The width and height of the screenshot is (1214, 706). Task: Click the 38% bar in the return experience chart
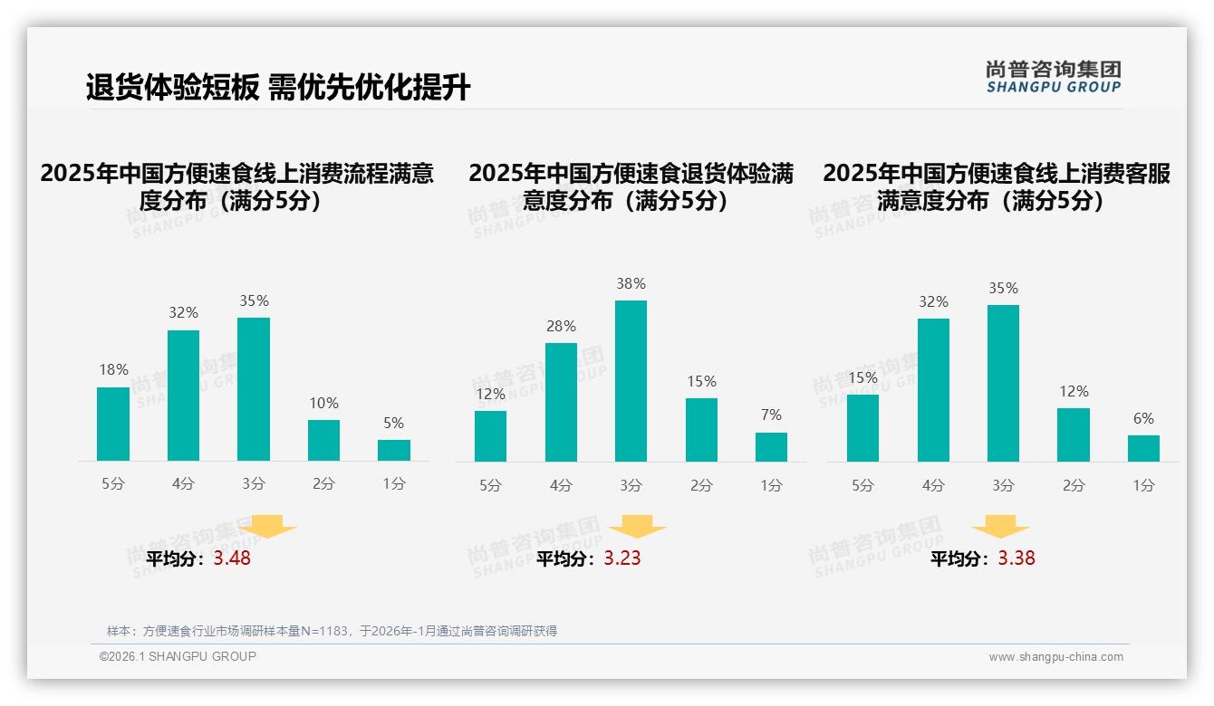tap(631, 381)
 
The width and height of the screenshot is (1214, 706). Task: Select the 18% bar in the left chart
tap(113, 425)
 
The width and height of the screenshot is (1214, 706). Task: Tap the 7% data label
tap(771, 415)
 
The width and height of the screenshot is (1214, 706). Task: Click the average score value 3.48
tap(232, 558)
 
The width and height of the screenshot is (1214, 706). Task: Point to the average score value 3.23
tap(622, 558)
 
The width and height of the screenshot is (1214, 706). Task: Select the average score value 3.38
tap(1016, 558)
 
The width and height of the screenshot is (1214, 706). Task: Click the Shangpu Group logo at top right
tap(1053, 77)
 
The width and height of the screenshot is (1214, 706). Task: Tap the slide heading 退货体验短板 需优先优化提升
tap(278, 88)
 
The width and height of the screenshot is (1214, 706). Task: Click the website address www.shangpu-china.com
tap(1055, 657)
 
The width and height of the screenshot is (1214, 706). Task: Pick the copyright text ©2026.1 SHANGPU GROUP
tap(178, 656)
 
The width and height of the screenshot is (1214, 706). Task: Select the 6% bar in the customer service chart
tap(1143, 449)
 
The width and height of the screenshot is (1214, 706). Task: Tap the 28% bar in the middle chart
tap(561, 402)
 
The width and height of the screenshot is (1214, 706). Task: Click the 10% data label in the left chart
tap(323, 403)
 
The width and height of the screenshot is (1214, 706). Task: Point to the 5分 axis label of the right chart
tap(862, 485)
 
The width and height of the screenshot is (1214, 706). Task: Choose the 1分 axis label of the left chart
tap(394, 483)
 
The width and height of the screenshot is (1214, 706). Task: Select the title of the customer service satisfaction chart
tap(997, 187)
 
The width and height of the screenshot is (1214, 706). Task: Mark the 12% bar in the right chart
tap(1074, 435)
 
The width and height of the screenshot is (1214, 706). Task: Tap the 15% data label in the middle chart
tap(701, 381)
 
